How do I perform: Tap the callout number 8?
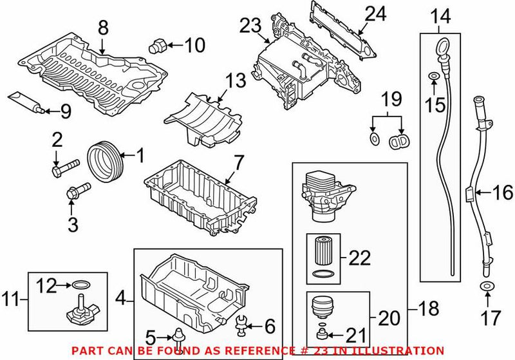(x=102, y=28)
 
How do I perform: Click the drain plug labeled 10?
(x=158, y=46)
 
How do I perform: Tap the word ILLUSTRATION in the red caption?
(x=407, y=351)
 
